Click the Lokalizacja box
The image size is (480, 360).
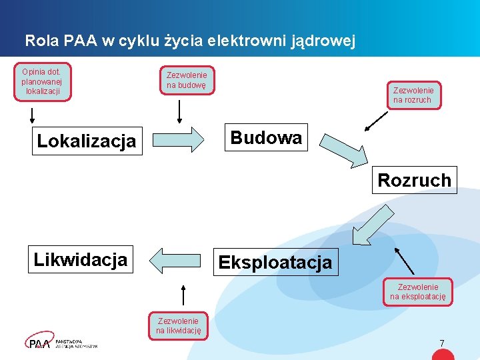tap(87, 141)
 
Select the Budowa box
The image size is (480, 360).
tap(266, 137)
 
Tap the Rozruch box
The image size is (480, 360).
tap(414, 180)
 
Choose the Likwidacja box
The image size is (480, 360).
tap(81, 259)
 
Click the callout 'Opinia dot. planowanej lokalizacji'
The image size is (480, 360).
tap(41, 81)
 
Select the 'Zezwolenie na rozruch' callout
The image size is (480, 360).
tap(413, 95)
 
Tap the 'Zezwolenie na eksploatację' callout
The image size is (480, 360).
tap(418, 292)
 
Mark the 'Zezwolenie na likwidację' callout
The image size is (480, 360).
tap(178, 325)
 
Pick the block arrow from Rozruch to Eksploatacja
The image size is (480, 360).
tap(371, 225)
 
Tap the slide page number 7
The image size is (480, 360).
tap(441, 343)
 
